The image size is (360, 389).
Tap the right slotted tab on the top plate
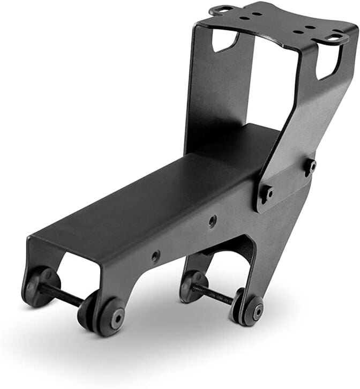[336, 38]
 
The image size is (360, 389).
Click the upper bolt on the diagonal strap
[311, 166]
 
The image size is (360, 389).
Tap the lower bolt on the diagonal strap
[266, 193]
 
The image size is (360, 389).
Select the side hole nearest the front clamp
[155, 256]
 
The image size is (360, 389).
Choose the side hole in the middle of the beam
[213, 220]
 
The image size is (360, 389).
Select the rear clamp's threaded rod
[213, 293]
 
